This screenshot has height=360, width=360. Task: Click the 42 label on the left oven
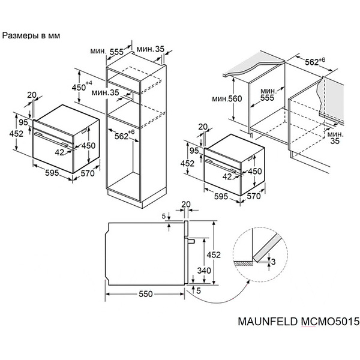coord(59,152)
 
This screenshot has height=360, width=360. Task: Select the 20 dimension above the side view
coord(186,205)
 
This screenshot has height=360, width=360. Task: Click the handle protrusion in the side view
coord(189,241)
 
